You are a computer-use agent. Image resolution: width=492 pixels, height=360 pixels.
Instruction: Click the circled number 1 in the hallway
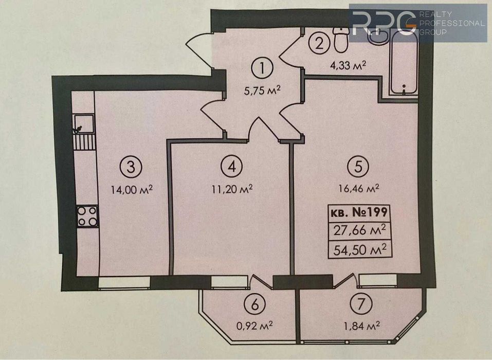click(263, 67)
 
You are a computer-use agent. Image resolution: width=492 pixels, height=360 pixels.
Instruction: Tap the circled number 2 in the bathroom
click(319, 42)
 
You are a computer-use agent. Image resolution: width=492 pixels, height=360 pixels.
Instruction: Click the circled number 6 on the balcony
click(254, 304)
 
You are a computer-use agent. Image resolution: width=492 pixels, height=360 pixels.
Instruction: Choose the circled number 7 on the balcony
click(358, 304)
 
